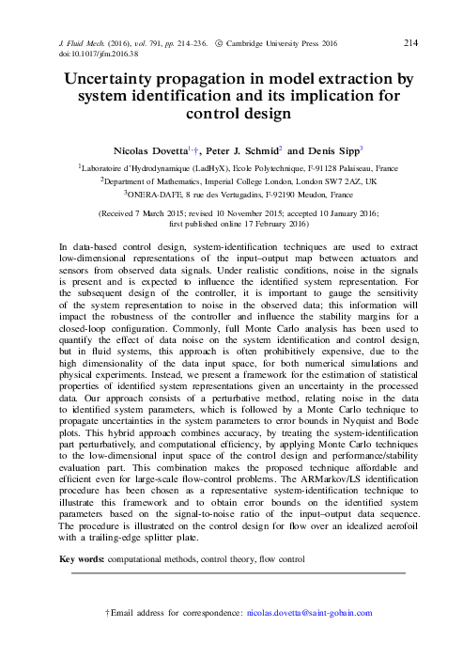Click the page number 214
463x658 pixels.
coord(410,42)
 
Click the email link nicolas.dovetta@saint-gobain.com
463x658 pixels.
coord(309,613)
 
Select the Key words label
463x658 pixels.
coord(81,559)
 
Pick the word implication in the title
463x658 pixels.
coord(321,97)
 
